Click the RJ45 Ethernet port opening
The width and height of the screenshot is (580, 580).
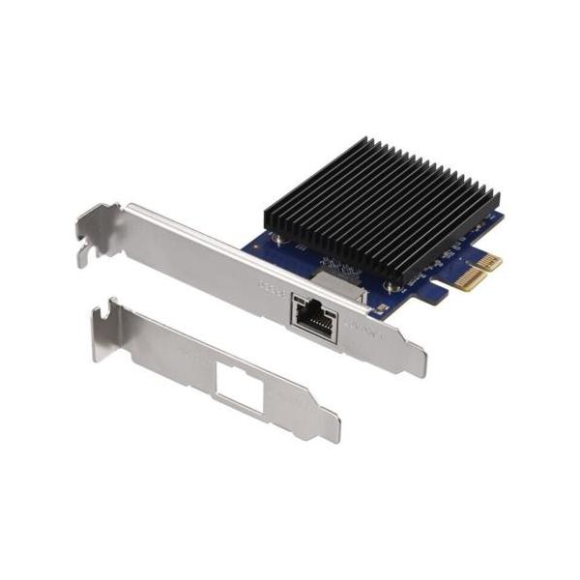point(313,316)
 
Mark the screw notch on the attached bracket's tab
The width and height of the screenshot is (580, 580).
point(85,253)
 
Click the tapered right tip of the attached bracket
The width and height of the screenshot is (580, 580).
point(418,363)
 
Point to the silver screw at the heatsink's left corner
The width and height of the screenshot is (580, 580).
point(276,232)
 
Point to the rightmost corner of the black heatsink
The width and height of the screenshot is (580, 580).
point(499,200)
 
